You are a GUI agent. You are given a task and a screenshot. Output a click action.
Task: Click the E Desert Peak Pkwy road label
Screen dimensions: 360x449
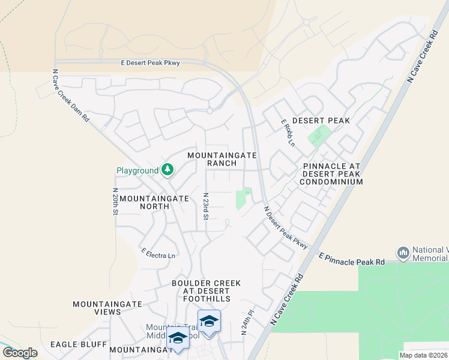(x=150, y=62)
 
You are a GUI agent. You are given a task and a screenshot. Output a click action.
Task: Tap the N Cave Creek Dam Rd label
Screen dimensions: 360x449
(x=71, y=96)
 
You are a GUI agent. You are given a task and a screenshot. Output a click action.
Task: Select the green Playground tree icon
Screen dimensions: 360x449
(x=167, y=171)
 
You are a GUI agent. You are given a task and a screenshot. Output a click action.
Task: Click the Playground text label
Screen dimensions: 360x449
(x=137, y=171)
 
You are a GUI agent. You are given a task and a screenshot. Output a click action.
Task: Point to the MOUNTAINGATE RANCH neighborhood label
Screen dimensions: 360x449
(x=222, y=159)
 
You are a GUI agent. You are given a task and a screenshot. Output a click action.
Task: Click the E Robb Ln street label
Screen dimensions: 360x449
(x=288, y=133)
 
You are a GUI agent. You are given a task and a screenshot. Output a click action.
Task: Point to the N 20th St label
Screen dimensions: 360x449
(x=115, y=201)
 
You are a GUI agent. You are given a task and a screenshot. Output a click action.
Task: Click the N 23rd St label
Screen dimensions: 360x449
(x=205, y=206)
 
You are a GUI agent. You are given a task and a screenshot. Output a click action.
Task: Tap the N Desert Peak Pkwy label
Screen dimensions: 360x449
(x=286, y=228)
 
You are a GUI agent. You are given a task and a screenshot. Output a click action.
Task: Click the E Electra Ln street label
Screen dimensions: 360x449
(x=158, y=253)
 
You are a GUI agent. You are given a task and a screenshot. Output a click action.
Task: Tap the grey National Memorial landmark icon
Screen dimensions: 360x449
(x=403, y=253)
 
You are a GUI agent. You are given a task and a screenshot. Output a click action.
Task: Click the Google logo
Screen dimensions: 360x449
(x=20, y=352)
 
